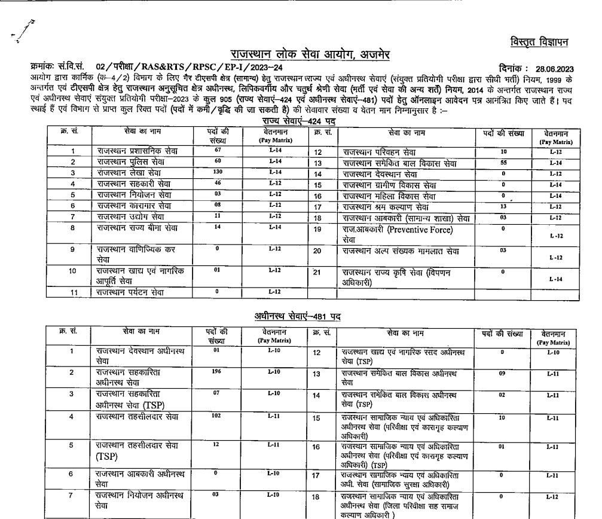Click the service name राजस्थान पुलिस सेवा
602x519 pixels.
coord(124,162)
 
